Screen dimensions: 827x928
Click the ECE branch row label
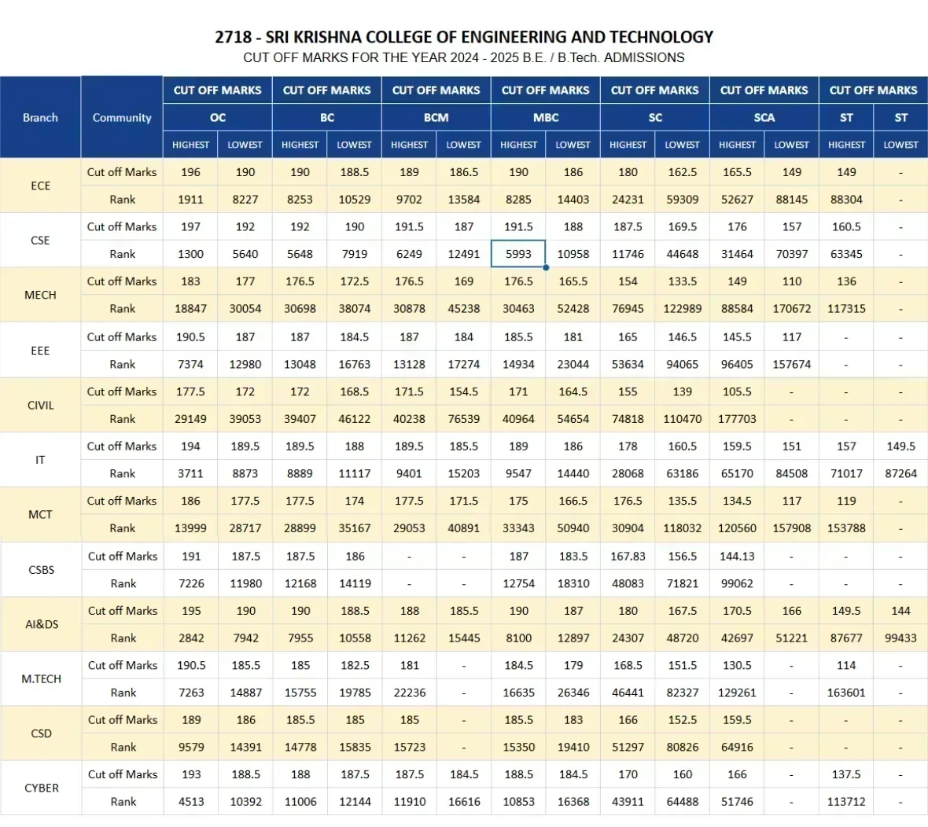coord(40,186)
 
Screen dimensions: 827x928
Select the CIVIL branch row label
coord(40,406)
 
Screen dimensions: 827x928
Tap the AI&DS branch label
coord(42,624)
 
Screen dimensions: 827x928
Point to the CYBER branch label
coord(42,788)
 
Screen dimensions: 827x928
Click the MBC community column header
coord(546,117)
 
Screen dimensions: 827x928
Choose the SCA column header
coord(764,117)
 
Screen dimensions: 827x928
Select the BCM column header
coord(436,117)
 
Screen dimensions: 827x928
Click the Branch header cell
coord(40,118)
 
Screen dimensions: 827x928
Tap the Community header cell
coord(122,118)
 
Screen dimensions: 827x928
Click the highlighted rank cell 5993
coord(518,254)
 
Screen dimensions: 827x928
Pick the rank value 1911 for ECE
coord(190,200)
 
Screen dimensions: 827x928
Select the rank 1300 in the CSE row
coord(190,254)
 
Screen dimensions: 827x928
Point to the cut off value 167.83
coord(628,556)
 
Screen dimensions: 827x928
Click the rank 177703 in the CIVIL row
coord(737,419)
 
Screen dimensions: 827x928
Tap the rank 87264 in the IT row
coord(900,473)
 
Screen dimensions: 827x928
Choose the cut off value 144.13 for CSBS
coord(737,556)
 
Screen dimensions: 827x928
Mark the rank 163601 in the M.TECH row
coord(846,693)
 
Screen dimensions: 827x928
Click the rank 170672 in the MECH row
coord(791,309)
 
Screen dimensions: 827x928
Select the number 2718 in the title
coord(233,37)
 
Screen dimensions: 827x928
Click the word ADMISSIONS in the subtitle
coord(644,57)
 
